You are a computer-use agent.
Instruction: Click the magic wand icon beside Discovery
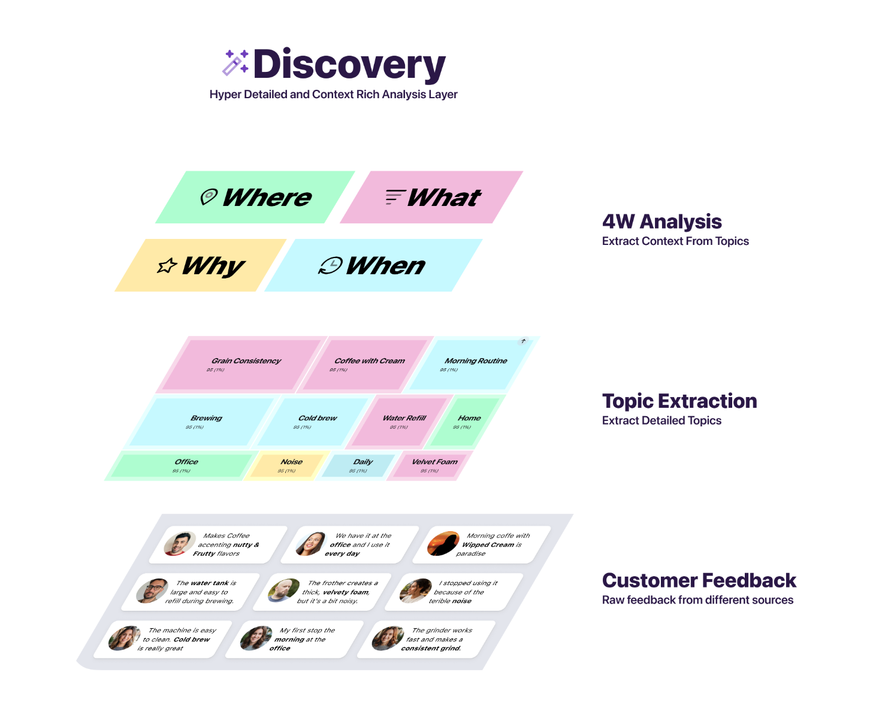(x=235, y=63)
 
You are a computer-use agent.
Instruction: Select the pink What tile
(x=432, y=198)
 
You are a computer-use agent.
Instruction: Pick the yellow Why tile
(x=201, y=265)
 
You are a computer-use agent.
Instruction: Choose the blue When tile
(x=373, y=265)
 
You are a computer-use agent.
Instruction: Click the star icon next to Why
(x=167, y=265)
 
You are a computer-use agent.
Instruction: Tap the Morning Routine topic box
(x=473, y=364)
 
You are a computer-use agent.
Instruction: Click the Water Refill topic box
(x=401, y=422)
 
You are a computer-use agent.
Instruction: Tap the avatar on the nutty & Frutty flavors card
(x=179, y=544)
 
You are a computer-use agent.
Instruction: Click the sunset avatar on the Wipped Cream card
(x=443, y=544)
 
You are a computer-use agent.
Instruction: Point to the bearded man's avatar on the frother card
(x=283, y=590)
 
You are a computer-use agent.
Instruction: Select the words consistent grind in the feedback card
(x=431, y=649)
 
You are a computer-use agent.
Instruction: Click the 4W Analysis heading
(x=661, y=222)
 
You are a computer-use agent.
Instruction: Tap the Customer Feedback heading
(x=699, y=580)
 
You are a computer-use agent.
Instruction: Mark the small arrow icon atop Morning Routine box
(x=523, y=341)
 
